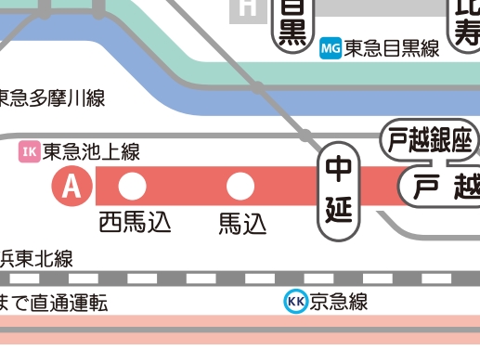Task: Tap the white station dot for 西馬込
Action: pyautogui.click(x=133, y=188)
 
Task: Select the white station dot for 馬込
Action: pyautogui.click(x=241, y=188)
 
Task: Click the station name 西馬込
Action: pyautogui.click(x=136, y=223)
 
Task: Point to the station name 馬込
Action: pyautogui.click(x=242, y=224)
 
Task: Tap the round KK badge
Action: pyautogui.click(x=296, y=302)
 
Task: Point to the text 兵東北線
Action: pyautogui.click(x=37, y=259)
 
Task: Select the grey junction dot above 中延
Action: pyautogui.click(x=305, y=136)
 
